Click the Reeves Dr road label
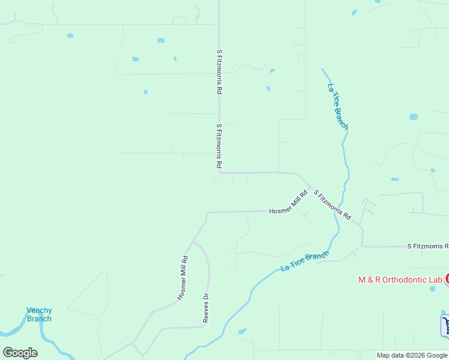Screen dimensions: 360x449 tap(206, 308)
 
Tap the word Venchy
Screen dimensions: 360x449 tap(39, 310)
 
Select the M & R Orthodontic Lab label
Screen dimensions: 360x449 tap(400, 280)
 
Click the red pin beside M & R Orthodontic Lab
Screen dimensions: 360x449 tap(447, 279)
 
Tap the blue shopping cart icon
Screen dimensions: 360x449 tap(445, 325)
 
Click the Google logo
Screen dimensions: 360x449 tap(20, 353)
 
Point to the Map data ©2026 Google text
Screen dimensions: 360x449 tap(412, 355)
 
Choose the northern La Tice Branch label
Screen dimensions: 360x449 tap(337, 106)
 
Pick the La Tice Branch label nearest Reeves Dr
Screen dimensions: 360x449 tap(305, 262)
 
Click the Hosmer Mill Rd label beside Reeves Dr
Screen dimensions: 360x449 tap(183, 278)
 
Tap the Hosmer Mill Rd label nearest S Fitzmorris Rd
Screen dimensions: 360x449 tap(288, 202)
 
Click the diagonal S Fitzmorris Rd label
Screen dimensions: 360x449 tap(333, 205)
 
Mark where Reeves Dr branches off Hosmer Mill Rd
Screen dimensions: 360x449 tap(192, 242)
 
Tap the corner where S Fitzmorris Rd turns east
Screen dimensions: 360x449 tap(220, 172)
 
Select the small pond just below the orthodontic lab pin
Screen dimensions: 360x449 tap(433, 289)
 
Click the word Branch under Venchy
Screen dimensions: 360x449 tap(39, 319)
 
